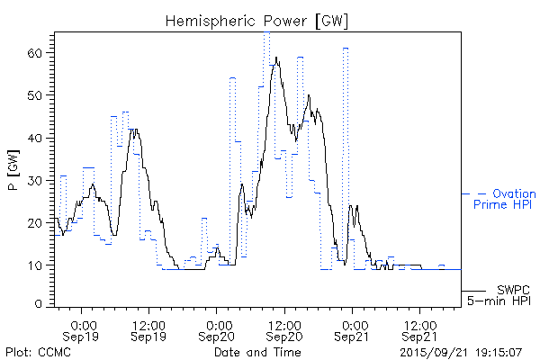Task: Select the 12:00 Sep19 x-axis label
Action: tap(148, 329)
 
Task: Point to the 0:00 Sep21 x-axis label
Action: tap(352, 329)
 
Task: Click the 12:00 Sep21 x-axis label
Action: tap(418, 329)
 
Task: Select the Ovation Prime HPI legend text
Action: tap(505, 199)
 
